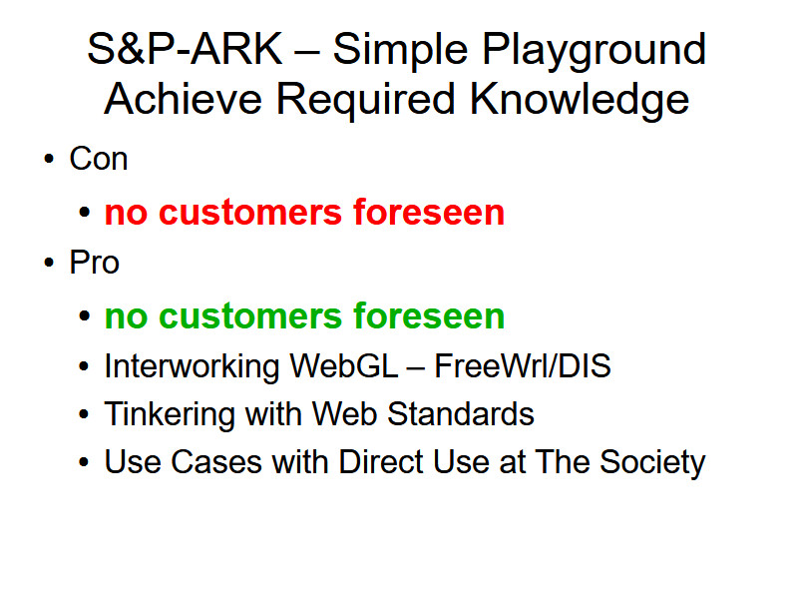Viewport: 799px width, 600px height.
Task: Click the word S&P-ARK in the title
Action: click(x=185, y=49)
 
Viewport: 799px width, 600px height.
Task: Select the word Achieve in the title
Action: click(x=184, y=99)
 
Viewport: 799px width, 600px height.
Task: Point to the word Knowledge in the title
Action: click(x=580, y=102)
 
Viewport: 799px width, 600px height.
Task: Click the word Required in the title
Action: click(x=365, y=102)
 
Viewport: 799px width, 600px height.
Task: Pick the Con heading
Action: click(x=99, y=159)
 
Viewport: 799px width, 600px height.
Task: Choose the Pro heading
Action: click(x=95, y=263)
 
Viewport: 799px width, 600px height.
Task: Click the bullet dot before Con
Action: click(x=49, y=159)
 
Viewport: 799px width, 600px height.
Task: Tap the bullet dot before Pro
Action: click(x=49, y=263)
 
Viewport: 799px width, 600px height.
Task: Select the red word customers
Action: click(x=250, y=213)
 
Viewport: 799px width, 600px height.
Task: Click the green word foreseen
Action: click(x=429, y=315)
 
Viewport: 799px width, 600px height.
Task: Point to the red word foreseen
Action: click(x=429, y=212)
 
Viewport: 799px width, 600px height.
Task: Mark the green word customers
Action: click(x=250, y=316)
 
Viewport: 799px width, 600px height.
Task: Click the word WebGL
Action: click(x=344, y=365)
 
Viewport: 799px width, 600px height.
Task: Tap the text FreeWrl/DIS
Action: click(x=523, y=365)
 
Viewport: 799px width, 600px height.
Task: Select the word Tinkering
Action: click(x=170, y=414)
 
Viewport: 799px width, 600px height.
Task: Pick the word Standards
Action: click(x=461, y=413)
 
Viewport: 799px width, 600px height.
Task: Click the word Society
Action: click(x=652, y=463)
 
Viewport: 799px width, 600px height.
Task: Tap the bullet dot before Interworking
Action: click(x=84, y=366)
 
